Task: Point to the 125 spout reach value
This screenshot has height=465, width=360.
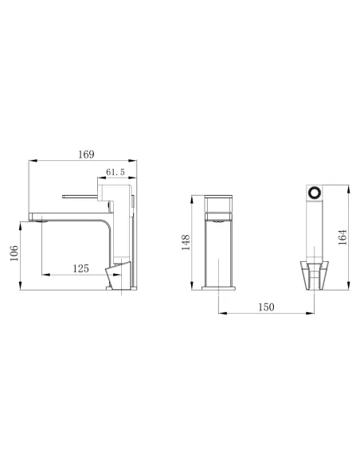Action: coord(80,269)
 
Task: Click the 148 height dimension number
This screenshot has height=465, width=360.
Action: coord(186,242)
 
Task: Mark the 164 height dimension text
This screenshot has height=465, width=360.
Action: coord(342,238)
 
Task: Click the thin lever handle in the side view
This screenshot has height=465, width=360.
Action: coord(80,193)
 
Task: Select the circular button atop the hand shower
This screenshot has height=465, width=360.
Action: coord(315,193)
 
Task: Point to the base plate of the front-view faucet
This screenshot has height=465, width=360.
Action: coord(217,289)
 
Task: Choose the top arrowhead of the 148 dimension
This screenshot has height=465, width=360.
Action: coord(191,195)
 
